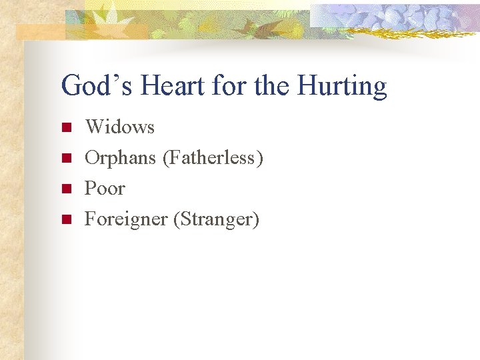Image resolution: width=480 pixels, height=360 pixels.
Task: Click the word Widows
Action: coord(119,127)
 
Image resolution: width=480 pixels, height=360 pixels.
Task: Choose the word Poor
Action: coord(105,189)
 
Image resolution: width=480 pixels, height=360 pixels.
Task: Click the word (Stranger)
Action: coord(215,219)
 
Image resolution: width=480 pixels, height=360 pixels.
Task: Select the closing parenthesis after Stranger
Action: coord(255,219)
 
